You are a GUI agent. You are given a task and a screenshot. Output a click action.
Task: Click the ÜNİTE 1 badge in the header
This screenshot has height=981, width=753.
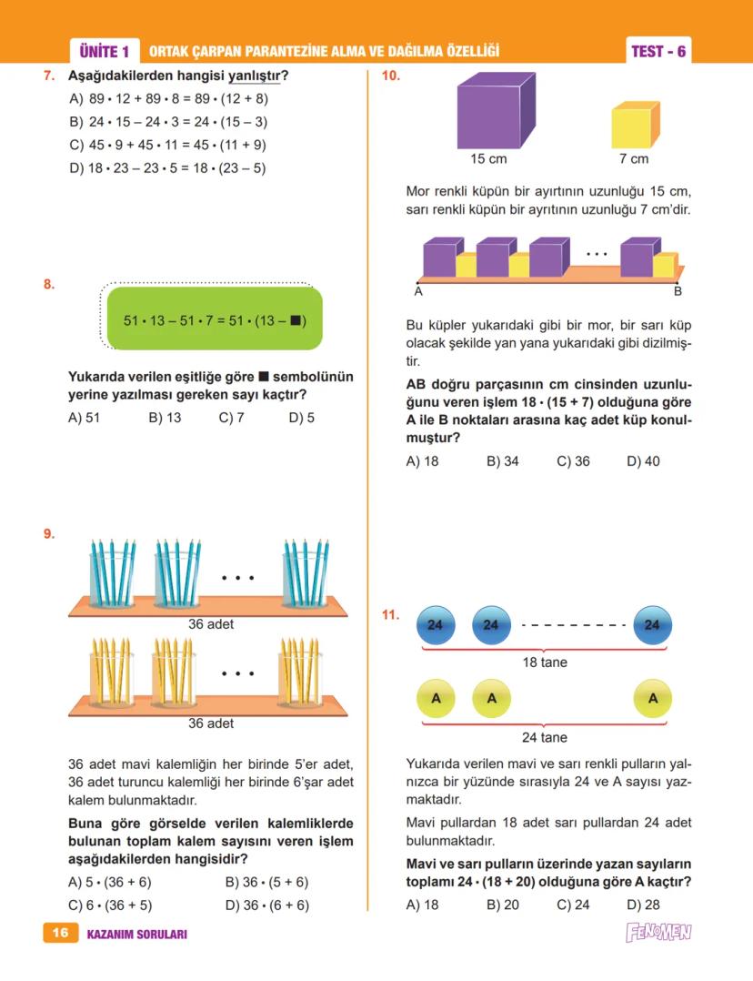[105, 51]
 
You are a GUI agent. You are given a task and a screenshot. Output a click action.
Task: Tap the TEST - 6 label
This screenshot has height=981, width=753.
[658, 51]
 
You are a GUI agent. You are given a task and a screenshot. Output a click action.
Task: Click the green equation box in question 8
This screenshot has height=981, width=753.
[215, 319]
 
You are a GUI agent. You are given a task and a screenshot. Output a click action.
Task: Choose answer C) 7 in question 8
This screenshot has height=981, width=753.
[232, 419]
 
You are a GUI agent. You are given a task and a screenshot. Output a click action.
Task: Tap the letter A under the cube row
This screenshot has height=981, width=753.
[418, 292]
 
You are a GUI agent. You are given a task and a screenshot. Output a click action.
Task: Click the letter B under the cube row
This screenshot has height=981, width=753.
[678, 292]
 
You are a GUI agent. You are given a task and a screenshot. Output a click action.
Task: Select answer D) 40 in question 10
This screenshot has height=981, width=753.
[643, 461]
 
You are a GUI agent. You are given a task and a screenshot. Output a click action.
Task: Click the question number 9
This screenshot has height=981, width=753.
[49, 534]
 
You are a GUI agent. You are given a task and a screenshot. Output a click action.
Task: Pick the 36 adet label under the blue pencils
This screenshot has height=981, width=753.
[211, 623]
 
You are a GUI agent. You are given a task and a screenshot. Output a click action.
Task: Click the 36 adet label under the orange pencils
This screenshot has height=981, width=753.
[211, 723]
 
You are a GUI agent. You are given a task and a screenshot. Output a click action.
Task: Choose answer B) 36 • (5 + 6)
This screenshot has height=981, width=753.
[266, 882]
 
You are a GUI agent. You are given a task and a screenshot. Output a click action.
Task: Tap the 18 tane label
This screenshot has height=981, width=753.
[545, 662]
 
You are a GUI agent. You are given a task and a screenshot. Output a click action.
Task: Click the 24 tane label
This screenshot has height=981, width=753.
[545, 737]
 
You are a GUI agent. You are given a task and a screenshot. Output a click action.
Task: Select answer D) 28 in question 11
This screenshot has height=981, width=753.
[643, 905]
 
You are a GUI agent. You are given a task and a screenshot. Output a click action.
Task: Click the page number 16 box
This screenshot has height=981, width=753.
[61, 933]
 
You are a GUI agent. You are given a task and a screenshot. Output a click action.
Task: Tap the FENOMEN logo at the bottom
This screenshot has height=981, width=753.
[658, 933]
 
